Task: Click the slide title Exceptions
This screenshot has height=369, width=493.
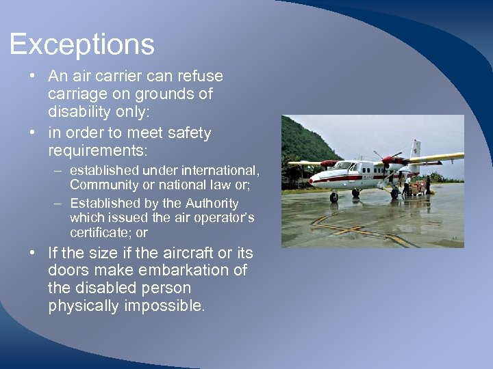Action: coord(82,45)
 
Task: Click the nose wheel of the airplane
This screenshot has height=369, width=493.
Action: coord(333,197)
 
